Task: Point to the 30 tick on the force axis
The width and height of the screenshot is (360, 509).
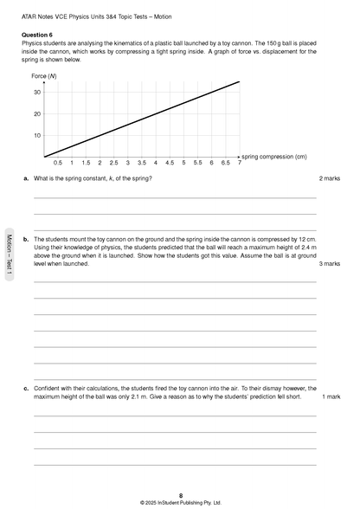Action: pyautogui.click(x=37, y=92)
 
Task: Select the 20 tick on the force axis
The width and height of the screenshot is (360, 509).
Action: pyautogui.click(x=37, y=113)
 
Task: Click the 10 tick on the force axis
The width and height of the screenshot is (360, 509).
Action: pyautogui.click(x=37, y=135)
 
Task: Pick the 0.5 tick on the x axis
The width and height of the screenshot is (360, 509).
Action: pyautogui.click(x=58, y=163)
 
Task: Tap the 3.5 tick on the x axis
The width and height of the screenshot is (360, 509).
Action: pyautogui.click(x=142, y=163)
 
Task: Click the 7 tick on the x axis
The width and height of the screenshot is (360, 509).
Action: pyautogui.click(x=239, y=163)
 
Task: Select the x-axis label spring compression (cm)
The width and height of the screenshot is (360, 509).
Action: pyautogui.click(x=274, y=157)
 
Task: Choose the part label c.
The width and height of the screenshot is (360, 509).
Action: pyautogui.click(x=26, y=389)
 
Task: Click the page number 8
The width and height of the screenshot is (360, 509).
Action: pyautogui.click(x=180, y=494)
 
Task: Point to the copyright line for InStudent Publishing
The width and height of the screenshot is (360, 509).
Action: pyautogui.click(x=180, y=502)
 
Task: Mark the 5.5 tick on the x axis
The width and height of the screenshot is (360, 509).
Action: pyautogui.click(x=197, y=163)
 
